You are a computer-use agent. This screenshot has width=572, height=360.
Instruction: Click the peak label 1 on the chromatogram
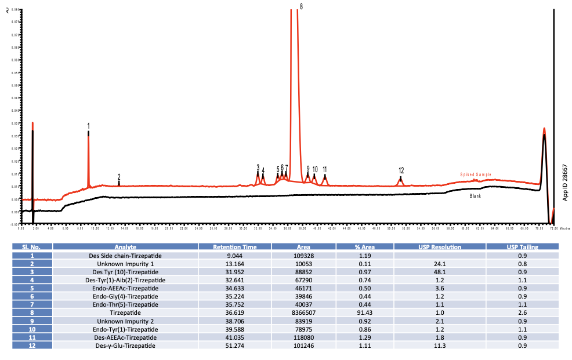coord(88,125)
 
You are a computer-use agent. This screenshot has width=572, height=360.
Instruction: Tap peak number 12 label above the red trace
coord(401,170)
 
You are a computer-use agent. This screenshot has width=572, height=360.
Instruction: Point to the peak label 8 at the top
coord(301,6)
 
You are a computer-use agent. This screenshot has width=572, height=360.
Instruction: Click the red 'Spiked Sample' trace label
coord(476,174)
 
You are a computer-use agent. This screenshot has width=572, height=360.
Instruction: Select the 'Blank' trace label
coord(475,196)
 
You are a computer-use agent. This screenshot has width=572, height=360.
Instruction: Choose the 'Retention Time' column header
coord(234,248)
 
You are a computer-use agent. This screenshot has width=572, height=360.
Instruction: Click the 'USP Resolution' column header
coord(440,248)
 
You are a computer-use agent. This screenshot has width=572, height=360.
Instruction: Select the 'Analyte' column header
coord(125,248)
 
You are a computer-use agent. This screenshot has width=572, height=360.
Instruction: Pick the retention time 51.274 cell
coord(234,346)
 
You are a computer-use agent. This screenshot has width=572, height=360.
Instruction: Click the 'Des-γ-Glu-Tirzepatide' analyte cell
coord(125,346)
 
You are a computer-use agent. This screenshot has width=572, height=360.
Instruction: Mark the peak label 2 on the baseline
coord(119,177)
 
